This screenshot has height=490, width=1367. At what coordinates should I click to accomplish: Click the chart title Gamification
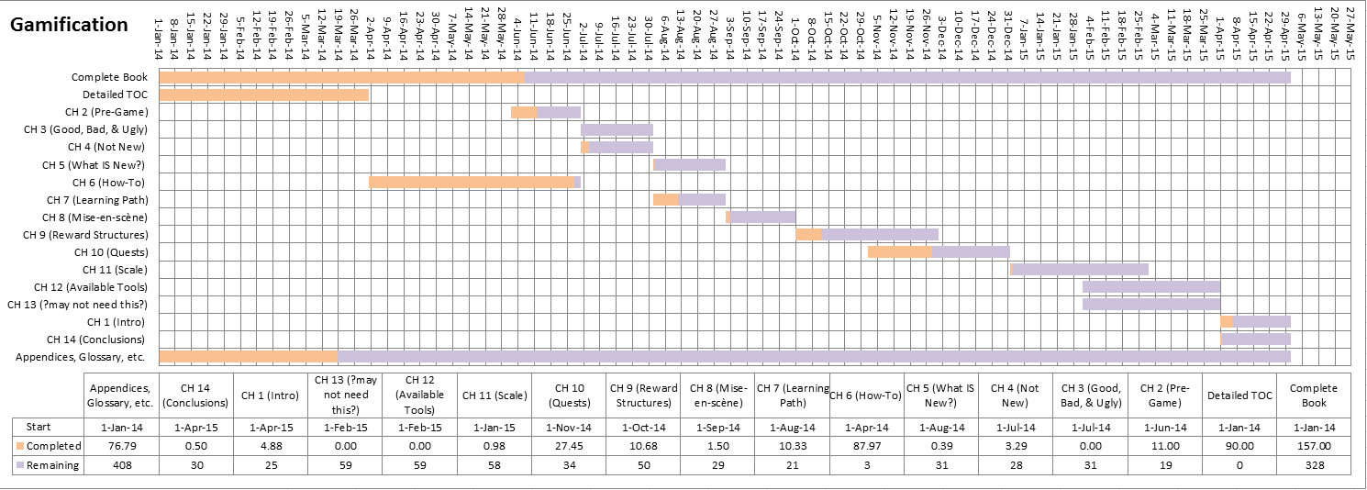69,25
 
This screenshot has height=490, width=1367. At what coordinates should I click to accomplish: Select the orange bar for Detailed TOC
264,95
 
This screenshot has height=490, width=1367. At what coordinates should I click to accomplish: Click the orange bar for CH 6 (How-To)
472,183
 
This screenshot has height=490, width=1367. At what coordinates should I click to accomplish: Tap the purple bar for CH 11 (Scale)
1081,270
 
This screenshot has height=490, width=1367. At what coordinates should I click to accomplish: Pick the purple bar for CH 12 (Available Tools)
1151,287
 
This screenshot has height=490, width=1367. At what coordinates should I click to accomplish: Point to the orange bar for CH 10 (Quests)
900,252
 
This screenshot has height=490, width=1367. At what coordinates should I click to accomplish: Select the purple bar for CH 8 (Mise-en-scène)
763,217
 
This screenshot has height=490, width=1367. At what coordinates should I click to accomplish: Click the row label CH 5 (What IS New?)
94,165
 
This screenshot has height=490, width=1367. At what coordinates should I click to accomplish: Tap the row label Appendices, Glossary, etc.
83,358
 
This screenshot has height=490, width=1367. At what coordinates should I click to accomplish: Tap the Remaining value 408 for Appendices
121,465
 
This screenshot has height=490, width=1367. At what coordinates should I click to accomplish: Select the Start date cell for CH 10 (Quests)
571,427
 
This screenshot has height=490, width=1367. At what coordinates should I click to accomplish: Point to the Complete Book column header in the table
1314,395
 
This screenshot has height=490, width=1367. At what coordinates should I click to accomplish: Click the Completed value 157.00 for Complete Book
1314,446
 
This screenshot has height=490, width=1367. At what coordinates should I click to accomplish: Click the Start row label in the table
39,427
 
